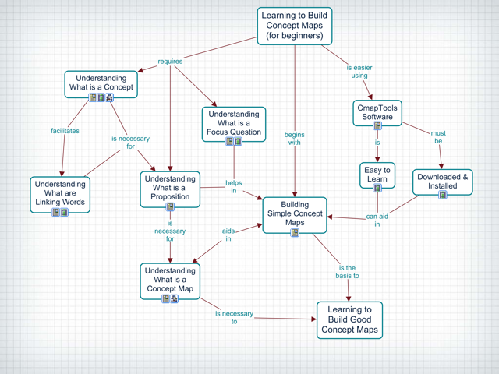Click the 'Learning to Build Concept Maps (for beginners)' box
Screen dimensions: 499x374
tap(295, 26)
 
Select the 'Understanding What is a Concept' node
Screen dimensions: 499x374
tap(101, 84)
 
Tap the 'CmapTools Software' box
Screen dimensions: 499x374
tap(377, 113)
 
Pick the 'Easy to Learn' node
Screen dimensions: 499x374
tap(377, 175)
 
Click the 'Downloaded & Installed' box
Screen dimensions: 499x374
tap(443, 182)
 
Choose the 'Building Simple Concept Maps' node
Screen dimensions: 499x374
tap(295, 215)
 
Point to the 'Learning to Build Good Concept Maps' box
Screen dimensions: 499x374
tap(350, 320)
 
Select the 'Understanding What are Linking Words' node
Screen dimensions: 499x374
tap(60, 194)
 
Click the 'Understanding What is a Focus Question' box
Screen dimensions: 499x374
tap(234, 124)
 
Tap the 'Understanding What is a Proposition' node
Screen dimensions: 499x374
tap(170, 189)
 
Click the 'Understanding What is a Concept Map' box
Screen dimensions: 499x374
tap(170, 280)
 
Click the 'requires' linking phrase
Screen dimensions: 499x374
tap(170, 62)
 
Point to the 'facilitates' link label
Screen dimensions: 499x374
tap(65, 131)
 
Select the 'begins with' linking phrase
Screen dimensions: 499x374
tap(295, 139)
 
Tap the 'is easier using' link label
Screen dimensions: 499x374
tap(359, 72)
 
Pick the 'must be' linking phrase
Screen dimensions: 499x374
tap(438, 137)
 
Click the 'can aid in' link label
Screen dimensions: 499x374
tap(377, 220)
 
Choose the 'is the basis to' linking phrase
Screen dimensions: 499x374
tap(347, 272)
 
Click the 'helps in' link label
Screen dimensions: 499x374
tap(234, 187)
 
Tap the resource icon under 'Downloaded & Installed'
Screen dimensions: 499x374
tap(443, 195)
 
